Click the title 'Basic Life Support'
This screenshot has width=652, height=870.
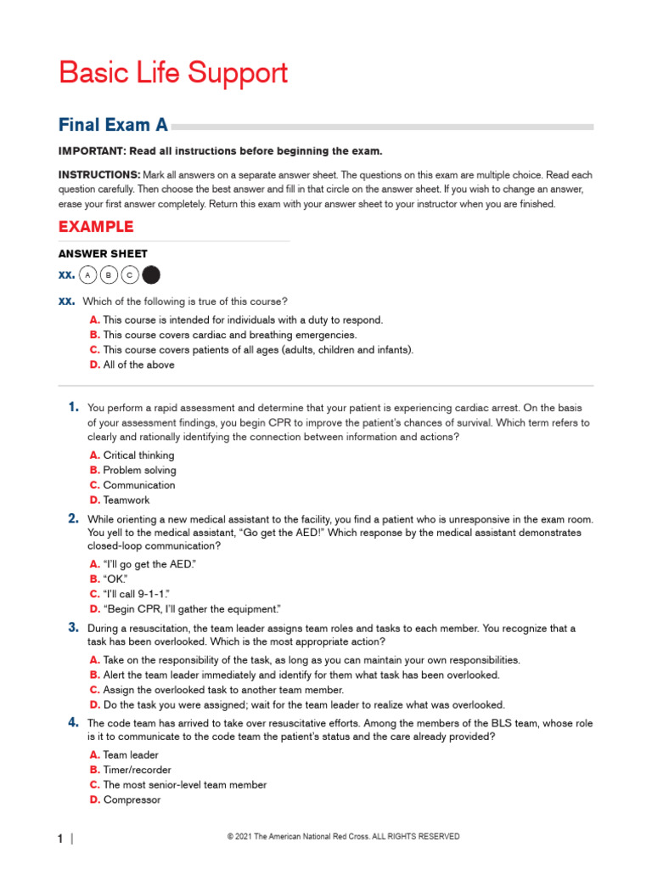[x=173, y=73]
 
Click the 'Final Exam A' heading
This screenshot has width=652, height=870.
[x=113, y=126]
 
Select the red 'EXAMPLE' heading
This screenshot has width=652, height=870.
[x=96, y=227]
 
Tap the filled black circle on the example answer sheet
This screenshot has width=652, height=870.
[x=151, y=275]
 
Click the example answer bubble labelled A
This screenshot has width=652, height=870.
[x=87, y=275]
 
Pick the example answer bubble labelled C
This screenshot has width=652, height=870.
[x=130, y=275]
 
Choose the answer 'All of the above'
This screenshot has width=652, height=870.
[x=138, y=364]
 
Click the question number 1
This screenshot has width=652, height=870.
[x=74, y=407]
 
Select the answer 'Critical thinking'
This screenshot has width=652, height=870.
[x=138, y=455]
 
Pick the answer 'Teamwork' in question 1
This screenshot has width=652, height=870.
[x=126, y=500]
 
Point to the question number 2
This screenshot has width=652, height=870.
[x=74, y=517]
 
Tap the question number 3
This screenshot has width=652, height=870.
[x=74, y=628]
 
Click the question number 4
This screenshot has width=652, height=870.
[x=74, y=723]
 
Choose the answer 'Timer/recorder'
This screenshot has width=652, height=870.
[x=137, y=770]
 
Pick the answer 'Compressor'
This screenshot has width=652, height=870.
[x=132, y=799]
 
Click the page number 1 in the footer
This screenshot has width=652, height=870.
[x=61, y=839]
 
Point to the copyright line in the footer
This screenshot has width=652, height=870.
[x=343, y=837]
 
